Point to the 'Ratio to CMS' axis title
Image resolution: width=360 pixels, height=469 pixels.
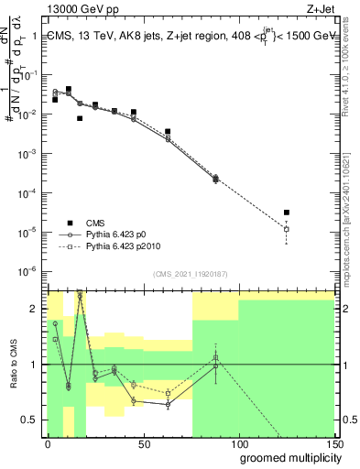(x=15, y=364)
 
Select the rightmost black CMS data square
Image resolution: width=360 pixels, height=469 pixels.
(x=287, y=213)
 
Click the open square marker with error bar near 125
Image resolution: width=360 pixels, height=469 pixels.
(x=287, y=229)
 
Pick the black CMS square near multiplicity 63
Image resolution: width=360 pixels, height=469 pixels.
(x=168, y=132)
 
